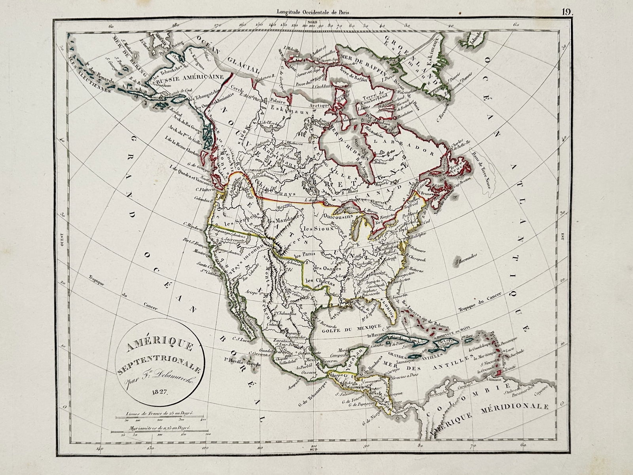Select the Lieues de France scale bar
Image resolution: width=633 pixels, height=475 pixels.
(x=157, y=416)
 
